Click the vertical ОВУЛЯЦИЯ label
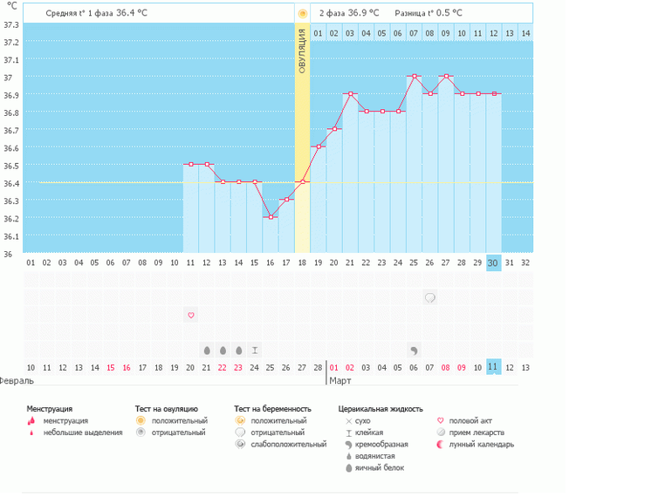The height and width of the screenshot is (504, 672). click(x=302, y=52)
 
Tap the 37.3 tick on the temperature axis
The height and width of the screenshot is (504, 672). click(x=11, y=24)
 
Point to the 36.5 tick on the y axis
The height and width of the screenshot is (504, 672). click(x=11, y=166)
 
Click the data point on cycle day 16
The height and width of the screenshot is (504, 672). click(x=271, y=217)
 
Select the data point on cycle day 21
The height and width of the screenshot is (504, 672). click(x=350, y=93)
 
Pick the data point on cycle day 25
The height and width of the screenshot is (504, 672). click(x=414, y=76)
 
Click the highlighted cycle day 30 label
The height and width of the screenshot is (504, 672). click(x=493, y=262)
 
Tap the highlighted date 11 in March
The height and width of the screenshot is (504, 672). click(x=493, y=367)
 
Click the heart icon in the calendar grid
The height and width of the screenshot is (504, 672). click(x=191, y=315)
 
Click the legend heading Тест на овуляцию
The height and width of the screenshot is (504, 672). click(x=167, y=408)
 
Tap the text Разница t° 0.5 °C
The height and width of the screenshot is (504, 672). click(x=429, y=13)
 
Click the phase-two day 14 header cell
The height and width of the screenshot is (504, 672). click(x=525, y=33)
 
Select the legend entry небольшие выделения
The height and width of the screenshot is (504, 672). click(x=83, y=432)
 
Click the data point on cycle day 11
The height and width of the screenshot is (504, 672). click(x=191, y=164)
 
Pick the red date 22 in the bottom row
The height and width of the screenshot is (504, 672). click(x=223, y=367)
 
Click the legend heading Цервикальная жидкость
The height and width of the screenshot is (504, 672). click(x=381, y=408)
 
